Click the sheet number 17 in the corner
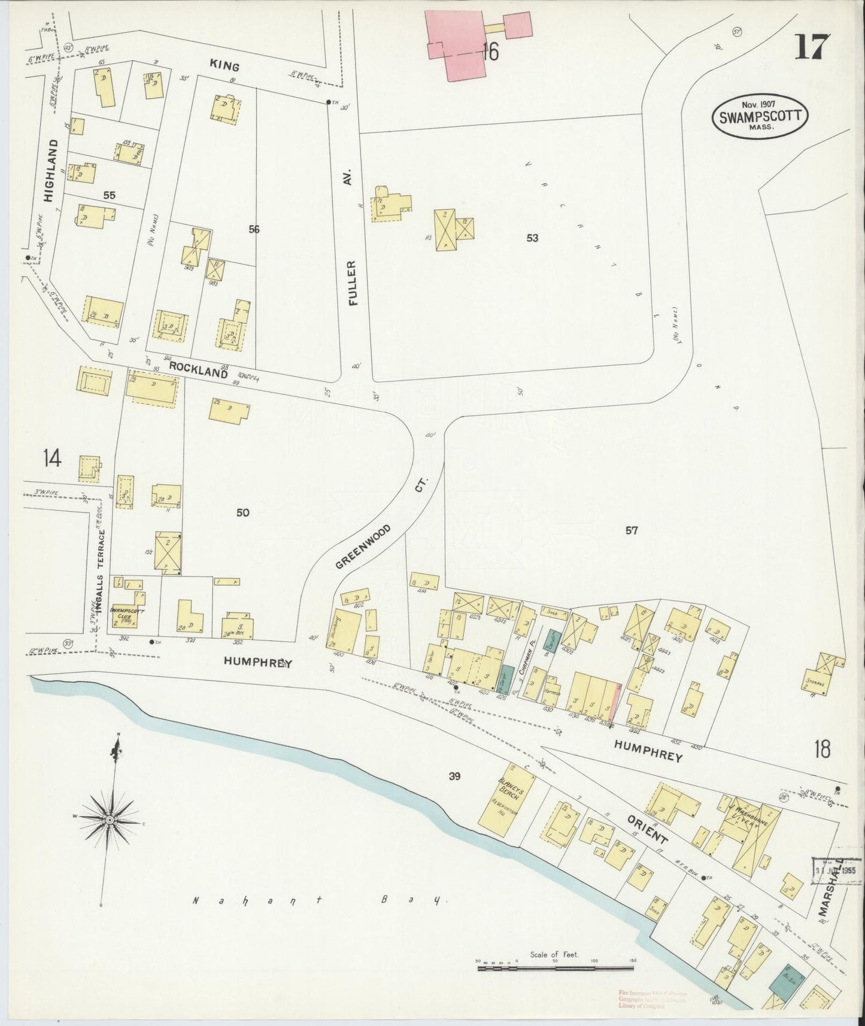812,46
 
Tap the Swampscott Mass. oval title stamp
760,116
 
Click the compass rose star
111,818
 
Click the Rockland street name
198,370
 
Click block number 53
532,238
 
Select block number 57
632,530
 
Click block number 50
242,512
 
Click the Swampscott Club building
127,613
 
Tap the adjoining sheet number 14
52,459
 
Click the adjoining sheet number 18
822,748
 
